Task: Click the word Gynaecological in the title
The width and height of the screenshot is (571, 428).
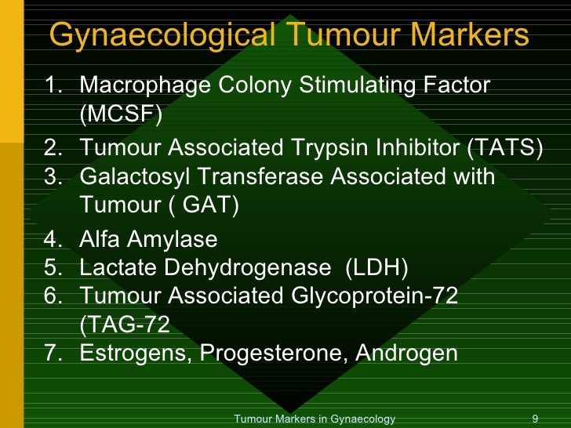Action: click(x=162, y=35)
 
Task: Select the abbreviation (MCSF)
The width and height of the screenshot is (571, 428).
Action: click(x=121, y=115)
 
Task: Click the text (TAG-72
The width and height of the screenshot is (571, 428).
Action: click(x=125, y=325)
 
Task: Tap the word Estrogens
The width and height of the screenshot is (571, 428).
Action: click(x=135, y=354)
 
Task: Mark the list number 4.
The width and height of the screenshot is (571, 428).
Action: click(x=52, y=238)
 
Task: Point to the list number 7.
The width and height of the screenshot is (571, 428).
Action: click(x=52, y=354)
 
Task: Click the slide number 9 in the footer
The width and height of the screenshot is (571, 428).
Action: click(x=534, y=419)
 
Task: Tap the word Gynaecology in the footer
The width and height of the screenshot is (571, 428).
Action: click(x=364, y=419)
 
